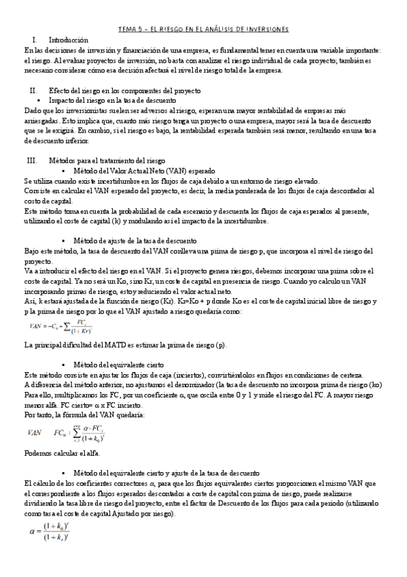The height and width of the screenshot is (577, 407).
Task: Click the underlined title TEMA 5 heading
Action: (x=203, y=29)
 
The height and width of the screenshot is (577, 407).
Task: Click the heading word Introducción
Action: (x=69, y=41)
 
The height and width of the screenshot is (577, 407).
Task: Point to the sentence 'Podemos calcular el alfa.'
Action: (x=63, y=453)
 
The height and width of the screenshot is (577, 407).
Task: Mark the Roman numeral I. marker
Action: (x=33, y=41)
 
